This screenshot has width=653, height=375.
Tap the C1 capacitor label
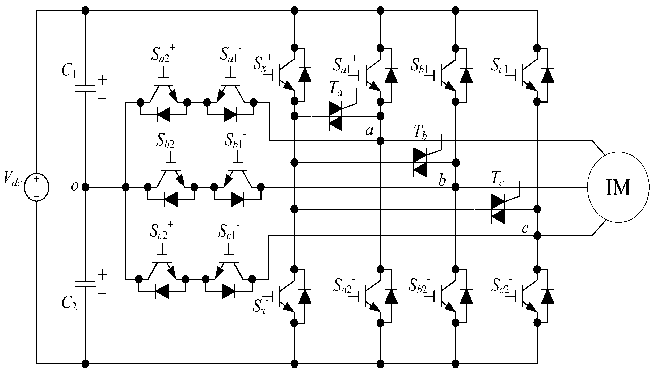pyautogui.click(x=69, y=70)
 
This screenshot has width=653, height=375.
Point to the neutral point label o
pyautogui.click(x=75, y=187)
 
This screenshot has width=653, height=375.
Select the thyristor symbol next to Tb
pyautogui.click(x=420, y=162)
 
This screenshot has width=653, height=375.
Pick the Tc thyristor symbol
pyautogui.click(x=498, y=209)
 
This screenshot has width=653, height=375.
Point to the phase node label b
pyautogui.click(x=442, y=181)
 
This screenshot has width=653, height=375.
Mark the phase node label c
pyautogui.click(x=525, y=228)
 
